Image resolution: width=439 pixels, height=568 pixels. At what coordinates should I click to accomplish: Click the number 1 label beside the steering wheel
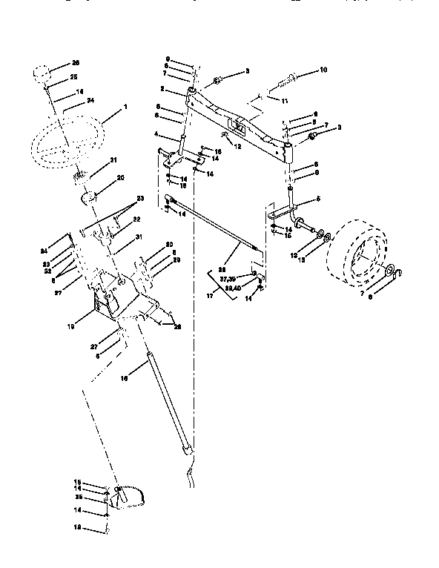point(125,108)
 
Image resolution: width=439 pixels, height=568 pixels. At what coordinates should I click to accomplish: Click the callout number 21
point(113,160)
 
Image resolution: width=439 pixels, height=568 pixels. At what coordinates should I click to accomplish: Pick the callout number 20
point(121,178)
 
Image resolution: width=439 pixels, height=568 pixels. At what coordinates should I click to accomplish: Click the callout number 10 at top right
point(323,70)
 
